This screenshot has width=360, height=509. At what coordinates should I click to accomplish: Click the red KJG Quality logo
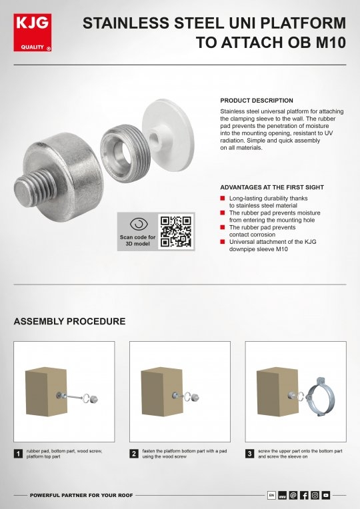click(33, 33)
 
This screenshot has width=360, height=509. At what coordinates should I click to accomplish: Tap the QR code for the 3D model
click(176, 231)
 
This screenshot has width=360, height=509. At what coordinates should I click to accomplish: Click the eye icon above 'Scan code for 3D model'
click(139, 225)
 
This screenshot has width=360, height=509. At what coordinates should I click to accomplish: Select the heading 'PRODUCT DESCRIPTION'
click(257, 101)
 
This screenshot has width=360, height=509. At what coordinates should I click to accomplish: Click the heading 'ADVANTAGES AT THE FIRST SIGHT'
click(272, 187)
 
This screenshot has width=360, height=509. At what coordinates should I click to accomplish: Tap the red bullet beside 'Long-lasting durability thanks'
click(223, 198)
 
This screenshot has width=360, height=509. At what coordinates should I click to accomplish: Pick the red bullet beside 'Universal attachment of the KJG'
click(223, 242)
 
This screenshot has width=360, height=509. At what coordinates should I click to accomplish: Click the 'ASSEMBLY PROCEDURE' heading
click(69, 321)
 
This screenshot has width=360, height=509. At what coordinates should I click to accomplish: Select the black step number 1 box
click(18, 454)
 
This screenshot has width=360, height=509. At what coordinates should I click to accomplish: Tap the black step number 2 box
click(134, 454)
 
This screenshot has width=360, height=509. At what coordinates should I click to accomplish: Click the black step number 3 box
click(249, 454)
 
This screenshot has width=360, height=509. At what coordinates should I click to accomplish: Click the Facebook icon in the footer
click(304, 495)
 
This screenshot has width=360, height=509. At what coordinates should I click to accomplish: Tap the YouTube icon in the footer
click(325, 495)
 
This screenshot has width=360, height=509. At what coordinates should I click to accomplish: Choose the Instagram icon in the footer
click(315, 495)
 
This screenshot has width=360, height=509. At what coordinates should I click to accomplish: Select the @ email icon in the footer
click(293, 495)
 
